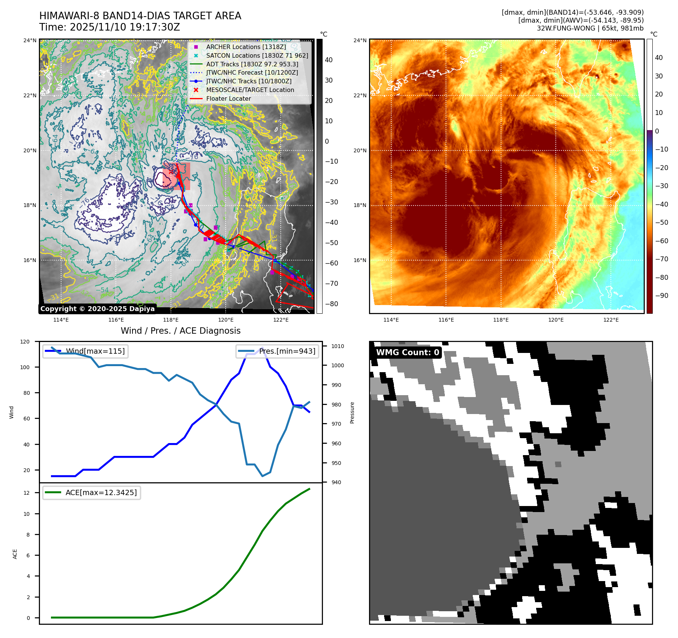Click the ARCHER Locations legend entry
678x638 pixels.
pyautogui.click(x=246, y=47)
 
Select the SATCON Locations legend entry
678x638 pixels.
pyautogui.click(x=257, y=55)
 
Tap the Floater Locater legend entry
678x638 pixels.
pyautogui.click(x=228, y=98)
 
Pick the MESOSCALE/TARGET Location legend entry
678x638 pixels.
pyautogui.click(x=250, y=90)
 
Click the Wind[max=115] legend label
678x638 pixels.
pyautogui.click(x=95, y=351)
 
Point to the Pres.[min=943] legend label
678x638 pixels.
pyautogui.click(x=287, y=351)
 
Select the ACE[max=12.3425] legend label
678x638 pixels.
pyautogui.click(x=101, y=492)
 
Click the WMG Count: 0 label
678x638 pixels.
pyautogui.click(x=407, y=352)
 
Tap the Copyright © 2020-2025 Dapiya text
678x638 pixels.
pyautogui.click(x=97, y=309)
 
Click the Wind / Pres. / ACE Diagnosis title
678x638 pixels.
pyautogui.click(x=180, y=331)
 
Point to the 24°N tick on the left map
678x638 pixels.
pyautogui.click(x=30, y=40)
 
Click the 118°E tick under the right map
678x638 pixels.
pyautogui.click(x=501, y=320)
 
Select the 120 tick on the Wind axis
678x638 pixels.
pyautogui.click(x=25, y=342)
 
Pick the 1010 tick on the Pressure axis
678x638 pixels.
pyautogui.click(x=338, y=346)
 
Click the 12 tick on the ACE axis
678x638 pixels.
pyautogui.click(x=26, y=493)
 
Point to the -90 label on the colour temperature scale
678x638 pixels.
pyautogui.click(x=662, y=296)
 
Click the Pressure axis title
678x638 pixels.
pyautogui.click(x=352, y=413)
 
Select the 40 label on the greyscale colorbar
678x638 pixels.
pyautogui.click(x=329, y=60)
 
